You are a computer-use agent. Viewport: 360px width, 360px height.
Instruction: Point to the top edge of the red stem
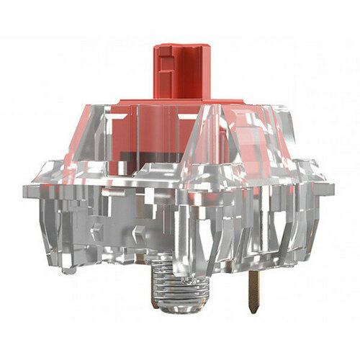[x=180, y=45]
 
